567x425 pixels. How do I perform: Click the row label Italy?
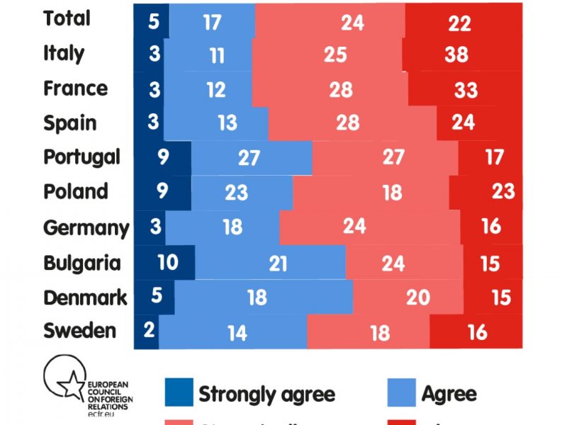pyautogui.click(x=64, y=53)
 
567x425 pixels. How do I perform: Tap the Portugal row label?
pyautogui.click(x=82, y=157)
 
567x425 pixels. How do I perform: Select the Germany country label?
pyautogui.click(x=86, y=228)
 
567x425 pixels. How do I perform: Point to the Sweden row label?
pyautogui.click(x=79, y=330)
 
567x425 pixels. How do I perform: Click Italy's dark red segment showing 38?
pyautogui.click(x=457, y=54)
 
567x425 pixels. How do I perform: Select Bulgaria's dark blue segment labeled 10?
pyautogui.click(x=167, y=263)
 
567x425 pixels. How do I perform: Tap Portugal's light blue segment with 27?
pyautogui.click(x=249, y=157)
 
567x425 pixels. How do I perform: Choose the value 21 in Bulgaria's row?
pyautogui.click(x=278, y=263)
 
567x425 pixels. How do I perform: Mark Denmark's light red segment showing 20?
pyautogui.click(x=418, y=297)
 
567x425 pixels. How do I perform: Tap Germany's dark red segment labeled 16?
pyautogui.click(x=491, y=227)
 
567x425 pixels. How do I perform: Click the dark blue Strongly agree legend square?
pyautogui.click(x=179, y=392)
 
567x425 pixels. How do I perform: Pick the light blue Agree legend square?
pyautogui.click(x=402, y=392)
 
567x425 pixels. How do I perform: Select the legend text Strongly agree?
pyautogui.click(x=266, y=394)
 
